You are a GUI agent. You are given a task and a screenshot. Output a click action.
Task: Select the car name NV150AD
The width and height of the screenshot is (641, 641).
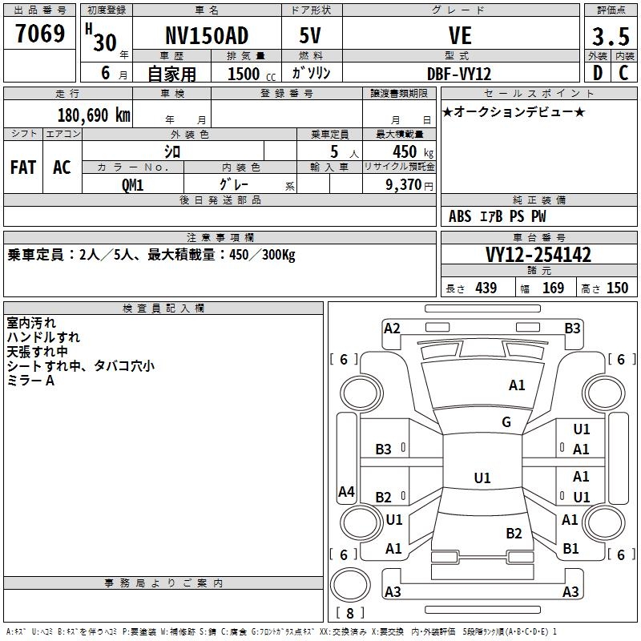pyautogui.click(x=207, y=36)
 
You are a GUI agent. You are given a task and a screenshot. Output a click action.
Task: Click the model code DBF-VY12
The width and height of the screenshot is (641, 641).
pyautogui.click(x=459, y=73)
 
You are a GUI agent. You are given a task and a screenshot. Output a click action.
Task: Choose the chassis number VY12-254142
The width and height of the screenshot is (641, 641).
pyautogui.click(x=538, y=255)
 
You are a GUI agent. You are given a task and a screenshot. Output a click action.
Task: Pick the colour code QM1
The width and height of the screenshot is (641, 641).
pyautogui.click(x=133, y=183)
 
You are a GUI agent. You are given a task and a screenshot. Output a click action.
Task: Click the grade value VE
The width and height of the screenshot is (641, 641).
pyautogui.click(x=459, y=36)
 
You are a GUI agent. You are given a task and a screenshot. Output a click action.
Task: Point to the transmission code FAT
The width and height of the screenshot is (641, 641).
pyautogui.click(x=22, y=167)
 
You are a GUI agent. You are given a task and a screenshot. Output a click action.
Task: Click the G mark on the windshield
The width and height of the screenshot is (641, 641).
pyautogui.click(x=506, y=422)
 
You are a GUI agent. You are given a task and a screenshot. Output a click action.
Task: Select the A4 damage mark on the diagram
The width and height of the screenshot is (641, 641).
pyautogui.click(x=346, y=492)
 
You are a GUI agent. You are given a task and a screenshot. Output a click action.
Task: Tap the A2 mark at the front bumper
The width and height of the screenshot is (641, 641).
pyautogui.click(x=392, y=328)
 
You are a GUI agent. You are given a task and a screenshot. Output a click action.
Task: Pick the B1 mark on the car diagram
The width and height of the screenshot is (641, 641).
pyautogui.click(x=570, y=548)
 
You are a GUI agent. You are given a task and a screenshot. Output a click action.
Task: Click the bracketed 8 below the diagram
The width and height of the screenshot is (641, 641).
pyautogui.click(x=350, y=613)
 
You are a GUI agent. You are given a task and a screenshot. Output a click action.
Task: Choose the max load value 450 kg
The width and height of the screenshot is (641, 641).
pyautogui.click(x=404, y=152)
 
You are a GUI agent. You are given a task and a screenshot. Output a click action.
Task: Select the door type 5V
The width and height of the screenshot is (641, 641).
pyautogui.click(x=312, y=36)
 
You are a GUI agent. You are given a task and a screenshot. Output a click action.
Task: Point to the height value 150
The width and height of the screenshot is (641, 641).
pyautogui.click(x=618, y=288)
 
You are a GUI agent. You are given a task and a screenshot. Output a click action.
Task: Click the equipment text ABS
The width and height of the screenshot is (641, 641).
pyautogui.click(x=460, y=216)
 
